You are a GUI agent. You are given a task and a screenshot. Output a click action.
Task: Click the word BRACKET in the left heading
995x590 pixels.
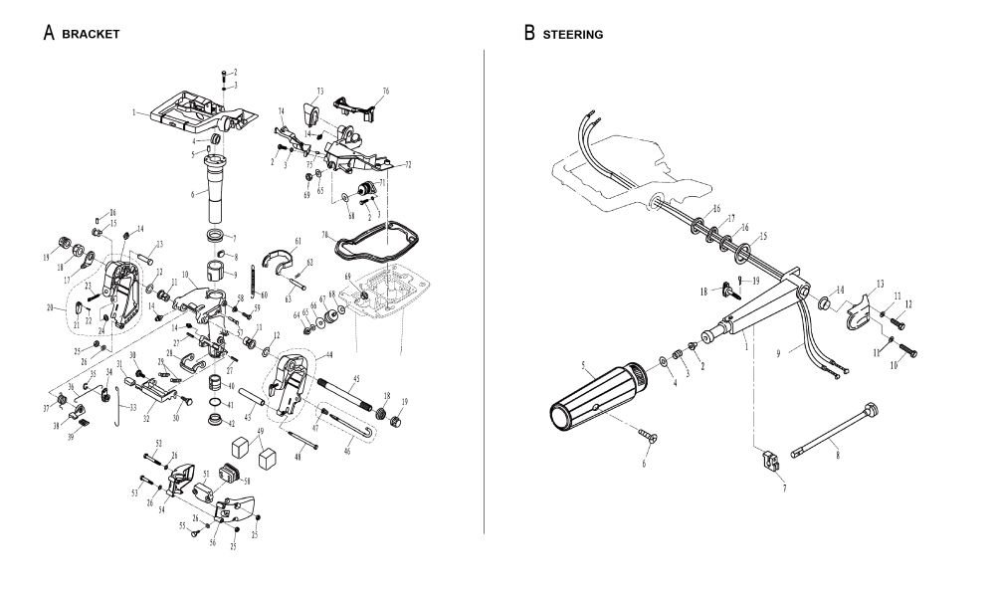tap(91, 34)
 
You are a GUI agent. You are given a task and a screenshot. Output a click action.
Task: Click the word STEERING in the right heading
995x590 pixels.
tap(573, 34)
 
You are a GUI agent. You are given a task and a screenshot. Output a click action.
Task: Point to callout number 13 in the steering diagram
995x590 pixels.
tap(880, 284)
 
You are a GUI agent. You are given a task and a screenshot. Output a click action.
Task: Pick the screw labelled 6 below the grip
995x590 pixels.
tap(653, 435)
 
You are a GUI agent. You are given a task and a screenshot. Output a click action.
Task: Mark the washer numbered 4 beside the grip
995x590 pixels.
tap(664, 359)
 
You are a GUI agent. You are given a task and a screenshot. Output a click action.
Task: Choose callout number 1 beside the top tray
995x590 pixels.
tap(134, 113)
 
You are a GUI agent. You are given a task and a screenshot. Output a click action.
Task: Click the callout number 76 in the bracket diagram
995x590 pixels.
tap(386, 92)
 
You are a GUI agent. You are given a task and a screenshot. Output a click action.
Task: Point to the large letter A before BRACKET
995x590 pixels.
tap(48, 33)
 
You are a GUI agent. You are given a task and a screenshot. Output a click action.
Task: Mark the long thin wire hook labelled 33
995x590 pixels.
tap(118, 407)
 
